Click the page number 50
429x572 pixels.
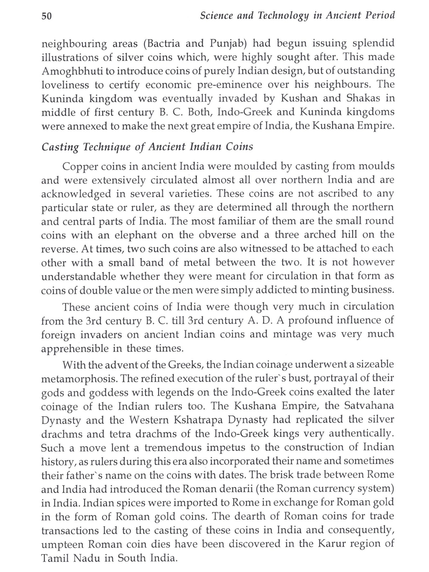click(x=47, y=16)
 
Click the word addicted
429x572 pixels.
click(x=279, y=290)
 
